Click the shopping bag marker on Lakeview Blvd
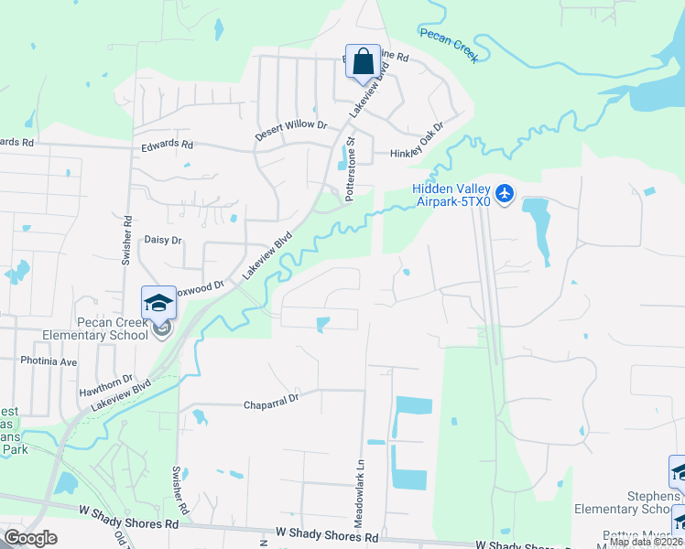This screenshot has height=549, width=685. (364, 63)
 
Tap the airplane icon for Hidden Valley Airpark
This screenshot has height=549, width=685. (506, 194)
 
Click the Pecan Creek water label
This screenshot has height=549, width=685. (449, 43)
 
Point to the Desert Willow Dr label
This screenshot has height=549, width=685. (291, 124)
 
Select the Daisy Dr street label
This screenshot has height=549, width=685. (163, 240)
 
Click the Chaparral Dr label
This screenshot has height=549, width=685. (271, 401)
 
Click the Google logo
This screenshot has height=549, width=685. (30, 537)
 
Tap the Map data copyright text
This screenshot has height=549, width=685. (647, 542)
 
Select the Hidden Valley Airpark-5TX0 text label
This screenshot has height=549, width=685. (451, 195)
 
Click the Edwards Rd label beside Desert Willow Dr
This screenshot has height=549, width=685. (167, 145)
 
